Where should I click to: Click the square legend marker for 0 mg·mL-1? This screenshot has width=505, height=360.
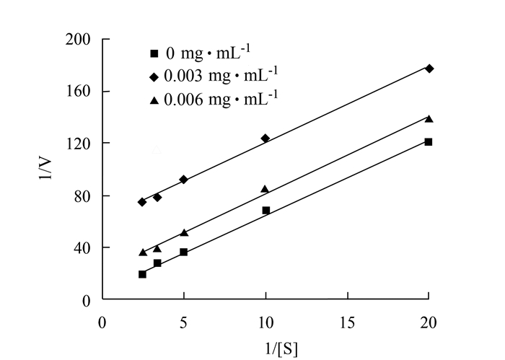click(153, 53)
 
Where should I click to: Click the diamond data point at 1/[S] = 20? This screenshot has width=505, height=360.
click(429, 69)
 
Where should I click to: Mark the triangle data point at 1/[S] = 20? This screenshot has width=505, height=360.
click(429, 118)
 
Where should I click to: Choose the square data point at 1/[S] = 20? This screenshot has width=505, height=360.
click(429, 142)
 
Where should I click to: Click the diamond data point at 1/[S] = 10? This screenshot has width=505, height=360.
click(265, 138)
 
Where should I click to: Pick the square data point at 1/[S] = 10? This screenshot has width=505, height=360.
click(265, 211)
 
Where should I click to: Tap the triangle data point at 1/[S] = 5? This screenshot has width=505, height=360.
click(184, 232)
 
